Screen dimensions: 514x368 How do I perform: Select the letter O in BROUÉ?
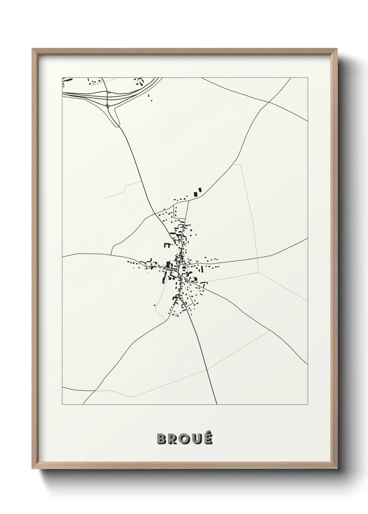click(x=184, y=439)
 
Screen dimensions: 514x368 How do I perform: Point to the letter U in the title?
click(x=196, y=439)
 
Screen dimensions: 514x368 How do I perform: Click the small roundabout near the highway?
click(x=108, y=105)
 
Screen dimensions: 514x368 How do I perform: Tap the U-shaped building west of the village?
click(x=167, y=245)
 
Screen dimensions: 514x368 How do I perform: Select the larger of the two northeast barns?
click(x=195, y=193)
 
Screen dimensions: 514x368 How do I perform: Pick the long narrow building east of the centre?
click(x=201, y=269)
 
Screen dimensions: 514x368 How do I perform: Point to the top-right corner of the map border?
click(x=307, y=78)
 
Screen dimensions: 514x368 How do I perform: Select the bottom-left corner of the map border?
click(x=62, y=405)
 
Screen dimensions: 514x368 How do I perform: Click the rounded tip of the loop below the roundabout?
click(x=118, y=125)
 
